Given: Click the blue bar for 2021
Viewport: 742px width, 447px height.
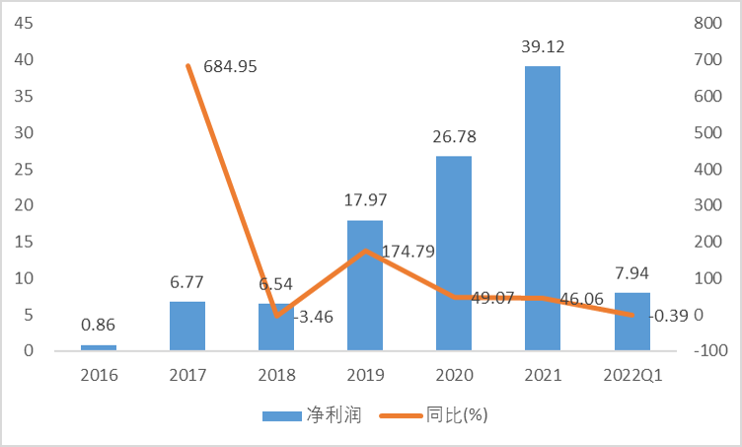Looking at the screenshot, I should (543, 208).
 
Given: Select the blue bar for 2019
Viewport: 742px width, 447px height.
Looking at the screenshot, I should (365, 285).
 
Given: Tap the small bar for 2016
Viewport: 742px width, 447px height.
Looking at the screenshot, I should (99, 347).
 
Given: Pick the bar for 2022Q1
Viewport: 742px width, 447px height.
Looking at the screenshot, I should (631, 322).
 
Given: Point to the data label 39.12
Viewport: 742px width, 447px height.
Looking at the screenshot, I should (543, 47).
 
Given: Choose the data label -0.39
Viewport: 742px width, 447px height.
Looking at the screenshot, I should (673, 316).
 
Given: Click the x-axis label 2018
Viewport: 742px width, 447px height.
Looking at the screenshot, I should (276, 375).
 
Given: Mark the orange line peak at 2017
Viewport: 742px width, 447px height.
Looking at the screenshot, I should (187, 66).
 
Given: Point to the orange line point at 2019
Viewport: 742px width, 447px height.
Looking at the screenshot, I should (365, 251).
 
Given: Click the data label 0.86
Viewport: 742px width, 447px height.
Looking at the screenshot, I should (99, 325).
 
